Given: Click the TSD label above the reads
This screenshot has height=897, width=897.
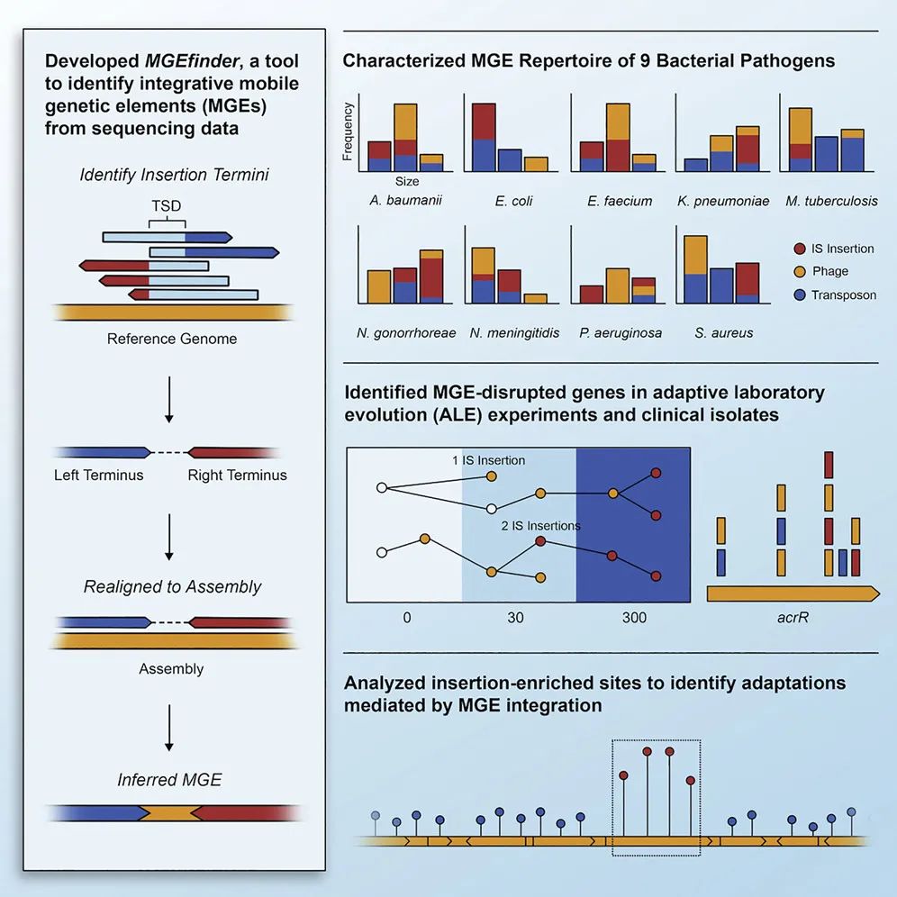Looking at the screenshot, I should point(167,205).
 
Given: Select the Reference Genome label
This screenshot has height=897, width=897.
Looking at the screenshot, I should point(172,340).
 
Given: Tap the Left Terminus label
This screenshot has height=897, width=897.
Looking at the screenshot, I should point(99,475).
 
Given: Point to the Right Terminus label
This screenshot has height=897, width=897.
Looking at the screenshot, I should point(237,475).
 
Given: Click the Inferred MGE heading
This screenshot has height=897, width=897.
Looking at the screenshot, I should point(169,779).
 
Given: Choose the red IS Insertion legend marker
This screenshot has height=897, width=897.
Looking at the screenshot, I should point(798,249).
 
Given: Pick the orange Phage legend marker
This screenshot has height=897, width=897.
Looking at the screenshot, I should point(798,271).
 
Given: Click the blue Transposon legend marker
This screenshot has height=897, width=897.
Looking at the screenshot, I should point(798,294).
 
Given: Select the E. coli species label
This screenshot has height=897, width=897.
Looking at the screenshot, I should point(513,201).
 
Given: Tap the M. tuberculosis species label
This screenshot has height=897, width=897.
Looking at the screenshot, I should point(831,201).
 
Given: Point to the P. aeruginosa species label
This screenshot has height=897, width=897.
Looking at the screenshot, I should point(621,332).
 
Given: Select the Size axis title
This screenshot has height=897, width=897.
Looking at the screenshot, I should point(407,181).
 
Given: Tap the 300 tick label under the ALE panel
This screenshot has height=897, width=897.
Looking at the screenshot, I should point(634,619).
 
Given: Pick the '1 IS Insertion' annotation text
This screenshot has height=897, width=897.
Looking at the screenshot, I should point(488,460).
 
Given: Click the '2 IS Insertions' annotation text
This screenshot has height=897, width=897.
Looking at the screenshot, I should point(540,525).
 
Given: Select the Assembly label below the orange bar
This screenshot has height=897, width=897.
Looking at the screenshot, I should point(171,669).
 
